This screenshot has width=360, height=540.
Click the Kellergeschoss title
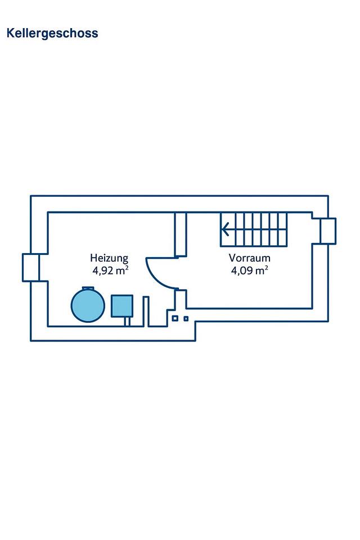tap(52, 33)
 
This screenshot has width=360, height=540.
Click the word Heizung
tap(109, 258)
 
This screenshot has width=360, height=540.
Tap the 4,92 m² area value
tap(111, 271)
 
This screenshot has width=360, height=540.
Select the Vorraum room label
tap(250, 258)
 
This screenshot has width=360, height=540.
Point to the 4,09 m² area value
tap(249, 271)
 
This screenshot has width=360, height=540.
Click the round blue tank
tap(88, 305)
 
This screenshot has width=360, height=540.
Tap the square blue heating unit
tap(121, 305)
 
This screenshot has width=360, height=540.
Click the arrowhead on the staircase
tap(225, 229)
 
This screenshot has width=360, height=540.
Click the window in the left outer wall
tap(31, 267)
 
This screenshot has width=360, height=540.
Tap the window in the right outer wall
tap(327, 231)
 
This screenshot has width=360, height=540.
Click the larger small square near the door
tap(175, 318)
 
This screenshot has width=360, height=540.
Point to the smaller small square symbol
tap(186, 318)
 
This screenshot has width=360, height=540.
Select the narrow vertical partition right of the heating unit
tap(146, 310)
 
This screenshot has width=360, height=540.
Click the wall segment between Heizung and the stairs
tap(181, 235)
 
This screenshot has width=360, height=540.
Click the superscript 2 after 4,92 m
tap(127, 268)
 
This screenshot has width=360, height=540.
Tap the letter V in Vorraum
tap(232, 258)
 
